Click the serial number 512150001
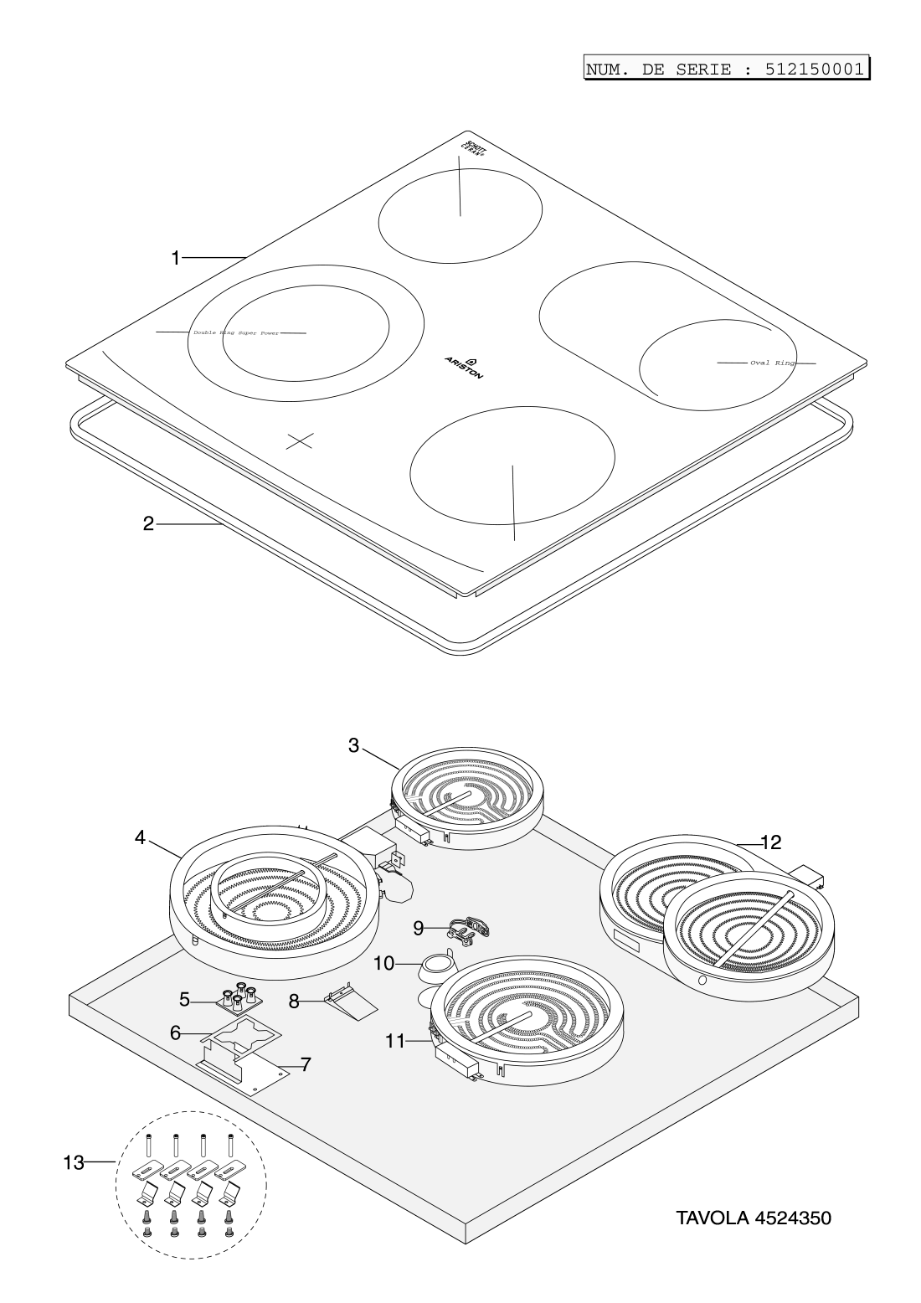[814, 69]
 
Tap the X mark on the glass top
[300, 441]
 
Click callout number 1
[175, 259]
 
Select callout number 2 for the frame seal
[148, 524]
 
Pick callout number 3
[354, 745]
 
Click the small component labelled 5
[239, 996]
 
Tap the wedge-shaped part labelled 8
[350, 1002]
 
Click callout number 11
[395, 1041]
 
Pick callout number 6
[176, 1033]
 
